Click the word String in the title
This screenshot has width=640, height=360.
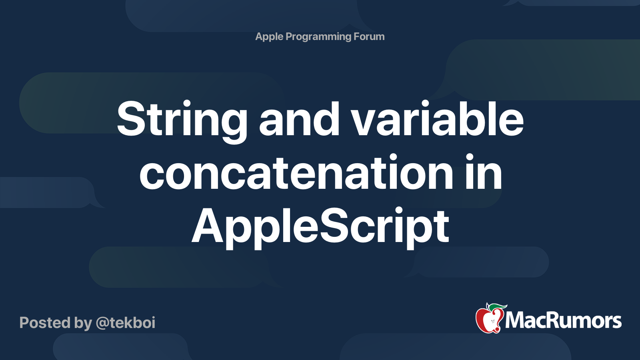(182, 122)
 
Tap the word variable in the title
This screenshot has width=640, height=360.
(437, 118)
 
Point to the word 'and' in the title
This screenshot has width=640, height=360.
(299, 118)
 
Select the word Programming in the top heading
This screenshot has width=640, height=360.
(318, 37)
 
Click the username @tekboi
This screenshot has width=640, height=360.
(126, 323)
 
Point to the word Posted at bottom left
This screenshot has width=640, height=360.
(45, 322)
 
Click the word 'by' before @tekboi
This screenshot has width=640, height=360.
(83, 324)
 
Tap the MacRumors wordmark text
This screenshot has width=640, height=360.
(563, 321)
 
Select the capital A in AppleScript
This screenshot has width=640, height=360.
(208, 226)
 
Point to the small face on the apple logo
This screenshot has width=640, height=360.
(492, 322)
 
